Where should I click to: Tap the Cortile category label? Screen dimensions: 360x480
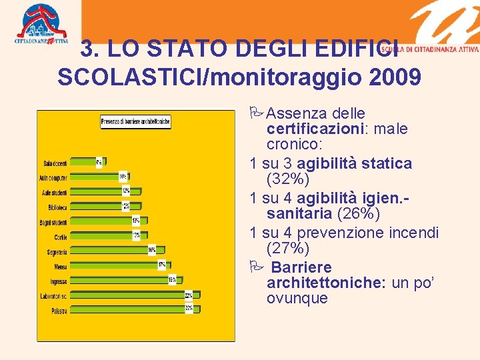coord(60,237)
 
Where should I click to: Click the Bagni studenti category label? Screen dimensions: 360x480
coord(53,221)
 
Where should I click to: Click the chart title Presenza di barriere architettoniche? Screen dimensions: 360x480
coord(136,121)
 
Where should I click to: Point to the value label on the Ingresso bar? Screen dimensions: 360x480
coord(172,280)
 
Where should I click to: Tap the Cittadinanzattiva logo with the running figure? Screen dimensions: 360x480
coord(41,23)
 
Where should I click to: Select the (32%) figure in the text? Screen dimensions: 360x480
coord(287,179)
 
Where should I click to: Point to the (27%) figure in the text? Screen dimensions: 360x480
coord(287,249)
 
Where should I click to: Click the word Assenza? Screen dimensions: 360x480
coord(296,113)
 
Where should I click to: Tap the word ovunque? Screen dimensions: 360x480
coord(297,298)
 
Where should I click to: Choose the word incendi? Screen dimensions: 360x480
coord(415,233)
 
